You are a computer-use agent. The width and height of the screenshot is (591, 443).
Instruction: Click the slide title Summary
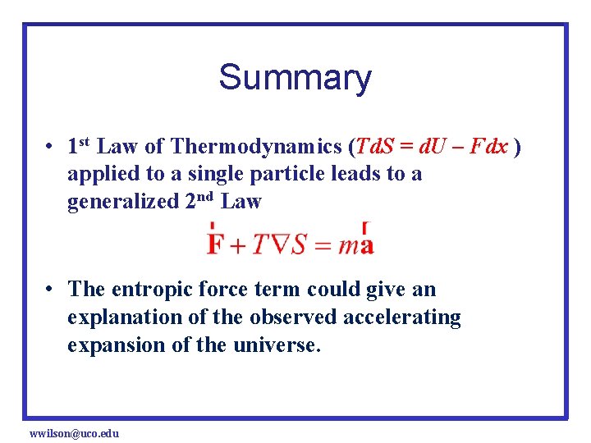pos(295,78)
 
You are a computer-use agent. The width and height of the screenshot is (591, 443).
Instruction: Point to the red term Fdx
pos(491,147)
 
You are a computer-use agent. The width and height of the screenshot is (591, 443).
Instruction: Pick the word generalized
pos(120,202)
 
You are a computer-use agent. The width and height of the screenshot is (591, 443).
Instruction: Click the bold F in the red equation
pos(216,244)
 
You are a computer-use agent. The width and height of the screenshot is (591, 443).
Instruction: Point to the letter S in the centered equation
pos(300,244)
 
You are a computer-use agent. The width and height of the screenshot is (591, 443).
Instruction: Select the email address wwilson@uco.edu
pos(74,432)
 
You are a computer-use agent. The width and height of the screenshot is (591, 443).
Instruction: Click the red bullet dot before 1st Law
pos(51,148)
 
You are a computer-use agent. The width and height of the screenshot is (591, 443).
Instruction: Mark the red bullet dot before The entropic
pos(51,290)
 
